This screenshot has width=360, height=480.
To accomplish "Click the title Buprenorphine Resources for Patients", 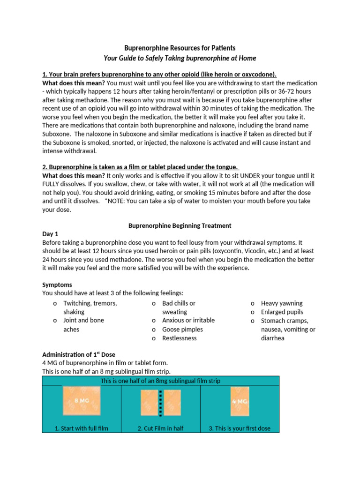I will pos(180,48).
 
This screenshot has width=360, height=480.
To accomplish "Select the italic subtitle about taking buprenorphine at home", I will pos(180,58).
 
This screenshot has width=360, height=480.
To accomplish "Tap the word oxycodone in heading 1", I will pos(256,75).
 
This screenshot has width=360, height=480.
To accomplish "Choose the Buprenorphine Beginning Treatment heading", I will pos(180,225).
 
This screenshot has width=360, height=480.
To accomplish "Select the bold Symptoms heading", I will pos(57,285).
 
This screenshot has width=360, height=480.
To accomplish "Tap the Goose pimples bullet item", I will pos(182,329).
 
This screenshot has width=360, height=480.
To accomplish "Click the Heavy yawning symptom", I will pos(282,303).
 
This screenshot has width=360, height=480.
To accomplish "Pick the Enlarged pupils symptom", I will pos(282,312).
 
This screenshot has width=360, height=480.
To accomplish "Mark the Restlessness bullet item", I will pos(179,338).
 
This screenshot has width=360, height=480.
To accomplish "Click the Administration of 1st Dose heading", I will pos(79,354).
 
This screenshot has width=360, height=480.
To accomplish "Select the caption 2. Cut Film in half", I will pos(160,428).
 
